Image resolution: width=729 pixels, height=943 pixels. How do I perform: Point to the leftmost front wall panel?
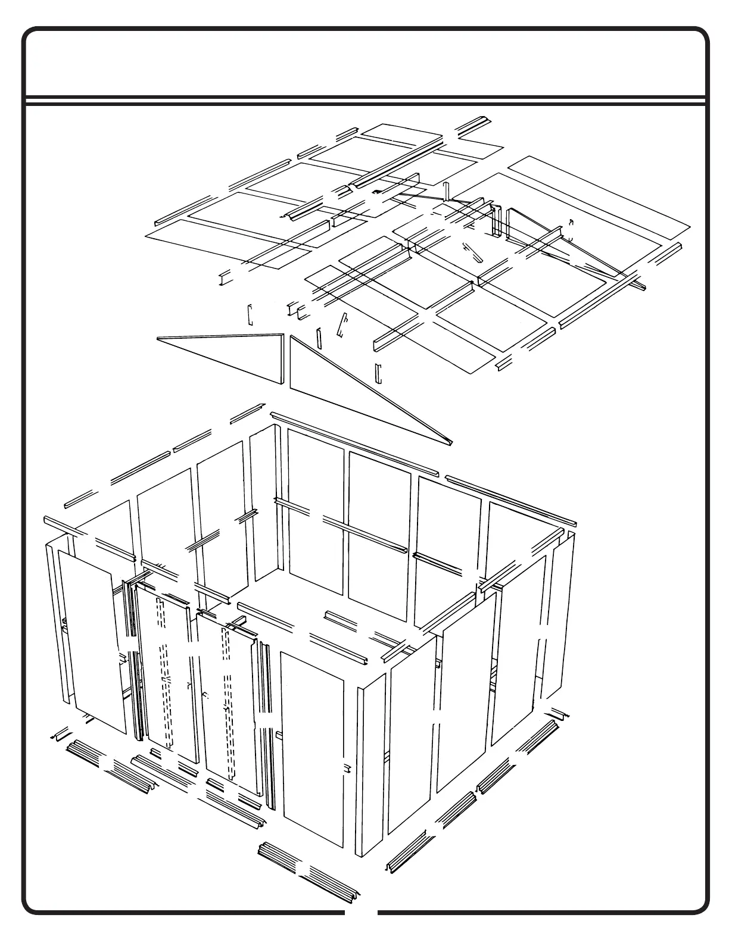(92, 640)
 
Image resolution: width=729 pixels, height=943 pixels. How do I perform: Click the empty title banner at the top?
(364, 63)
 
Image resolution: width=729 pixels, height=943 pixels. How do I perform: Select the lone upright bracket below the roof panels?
(378, 373)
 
